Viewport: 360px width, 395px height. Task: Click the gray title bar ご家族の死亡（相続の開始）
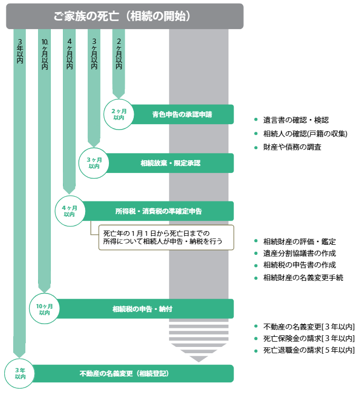click(125, 16)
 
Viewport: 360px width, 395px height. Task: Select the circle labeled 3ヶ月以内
click(94, 162)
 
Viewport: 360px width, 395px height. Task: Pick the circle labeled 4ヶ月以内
click(70, 210)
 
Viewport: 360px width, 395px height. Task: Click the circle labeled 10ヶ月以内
click(45, 309)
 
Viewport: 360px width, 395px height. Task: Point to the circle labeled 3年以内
click(20, 373)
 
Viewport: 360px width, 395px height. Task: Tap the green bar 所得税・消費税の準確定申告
click(159, 211)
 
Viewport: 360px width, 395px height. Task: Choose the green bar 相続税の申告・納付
click(143, 309)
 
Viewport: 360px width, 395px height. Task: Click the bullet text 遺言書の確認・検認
click(296, 120)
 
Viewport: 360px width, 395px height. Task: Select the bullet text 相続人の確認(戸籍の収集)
click(305, 134)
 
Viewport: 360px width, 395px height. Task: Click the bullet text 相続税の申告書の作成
click(299, 265)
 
